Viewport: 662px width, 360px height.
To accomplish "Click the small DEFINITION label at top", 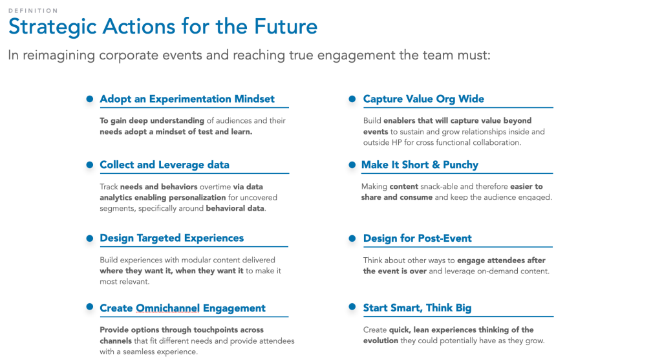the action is (33, 10).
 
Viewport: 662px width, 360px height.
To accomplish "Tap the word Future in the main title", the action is (285, 26).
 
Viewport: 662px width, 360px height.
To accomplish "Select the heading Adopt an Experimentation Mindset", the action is (187, 99).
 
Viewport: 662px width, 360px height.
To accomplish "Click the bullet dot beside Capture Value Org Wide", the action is (352, 99).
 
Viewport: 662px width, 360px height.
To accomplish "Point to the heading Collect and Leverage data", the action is (165, 165).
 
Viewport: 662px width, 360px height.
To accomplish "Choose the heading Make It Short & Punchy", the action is (420, 165).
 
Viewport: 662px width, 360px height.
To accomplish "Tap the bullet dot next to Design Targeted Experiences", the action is (89, 238).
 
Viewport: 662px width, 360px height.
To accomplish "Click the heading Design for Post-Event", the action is (417, 238).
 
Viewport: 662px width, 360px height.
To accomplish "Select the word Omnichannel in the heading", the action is (167, 308).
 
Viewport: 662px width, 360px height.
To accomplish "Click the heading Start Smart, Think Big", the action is (417, 308).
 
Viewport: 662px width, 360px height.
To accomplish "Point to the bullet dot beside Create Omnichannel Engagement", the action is (89, 307).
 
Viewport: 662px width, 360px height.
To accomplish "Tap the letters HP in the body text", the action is (397, 143).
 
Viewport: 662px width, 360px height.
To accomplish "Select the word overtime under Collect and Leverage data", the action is (215, 187).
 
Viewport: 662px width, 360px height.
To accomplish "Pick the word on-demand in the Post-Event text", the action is (497, 271).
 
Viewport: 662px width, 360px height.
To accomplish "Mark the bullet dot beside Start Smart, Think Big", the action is (352, 307).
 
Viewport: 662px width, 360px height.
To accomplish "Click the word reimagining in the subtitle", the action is (59, 56).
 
